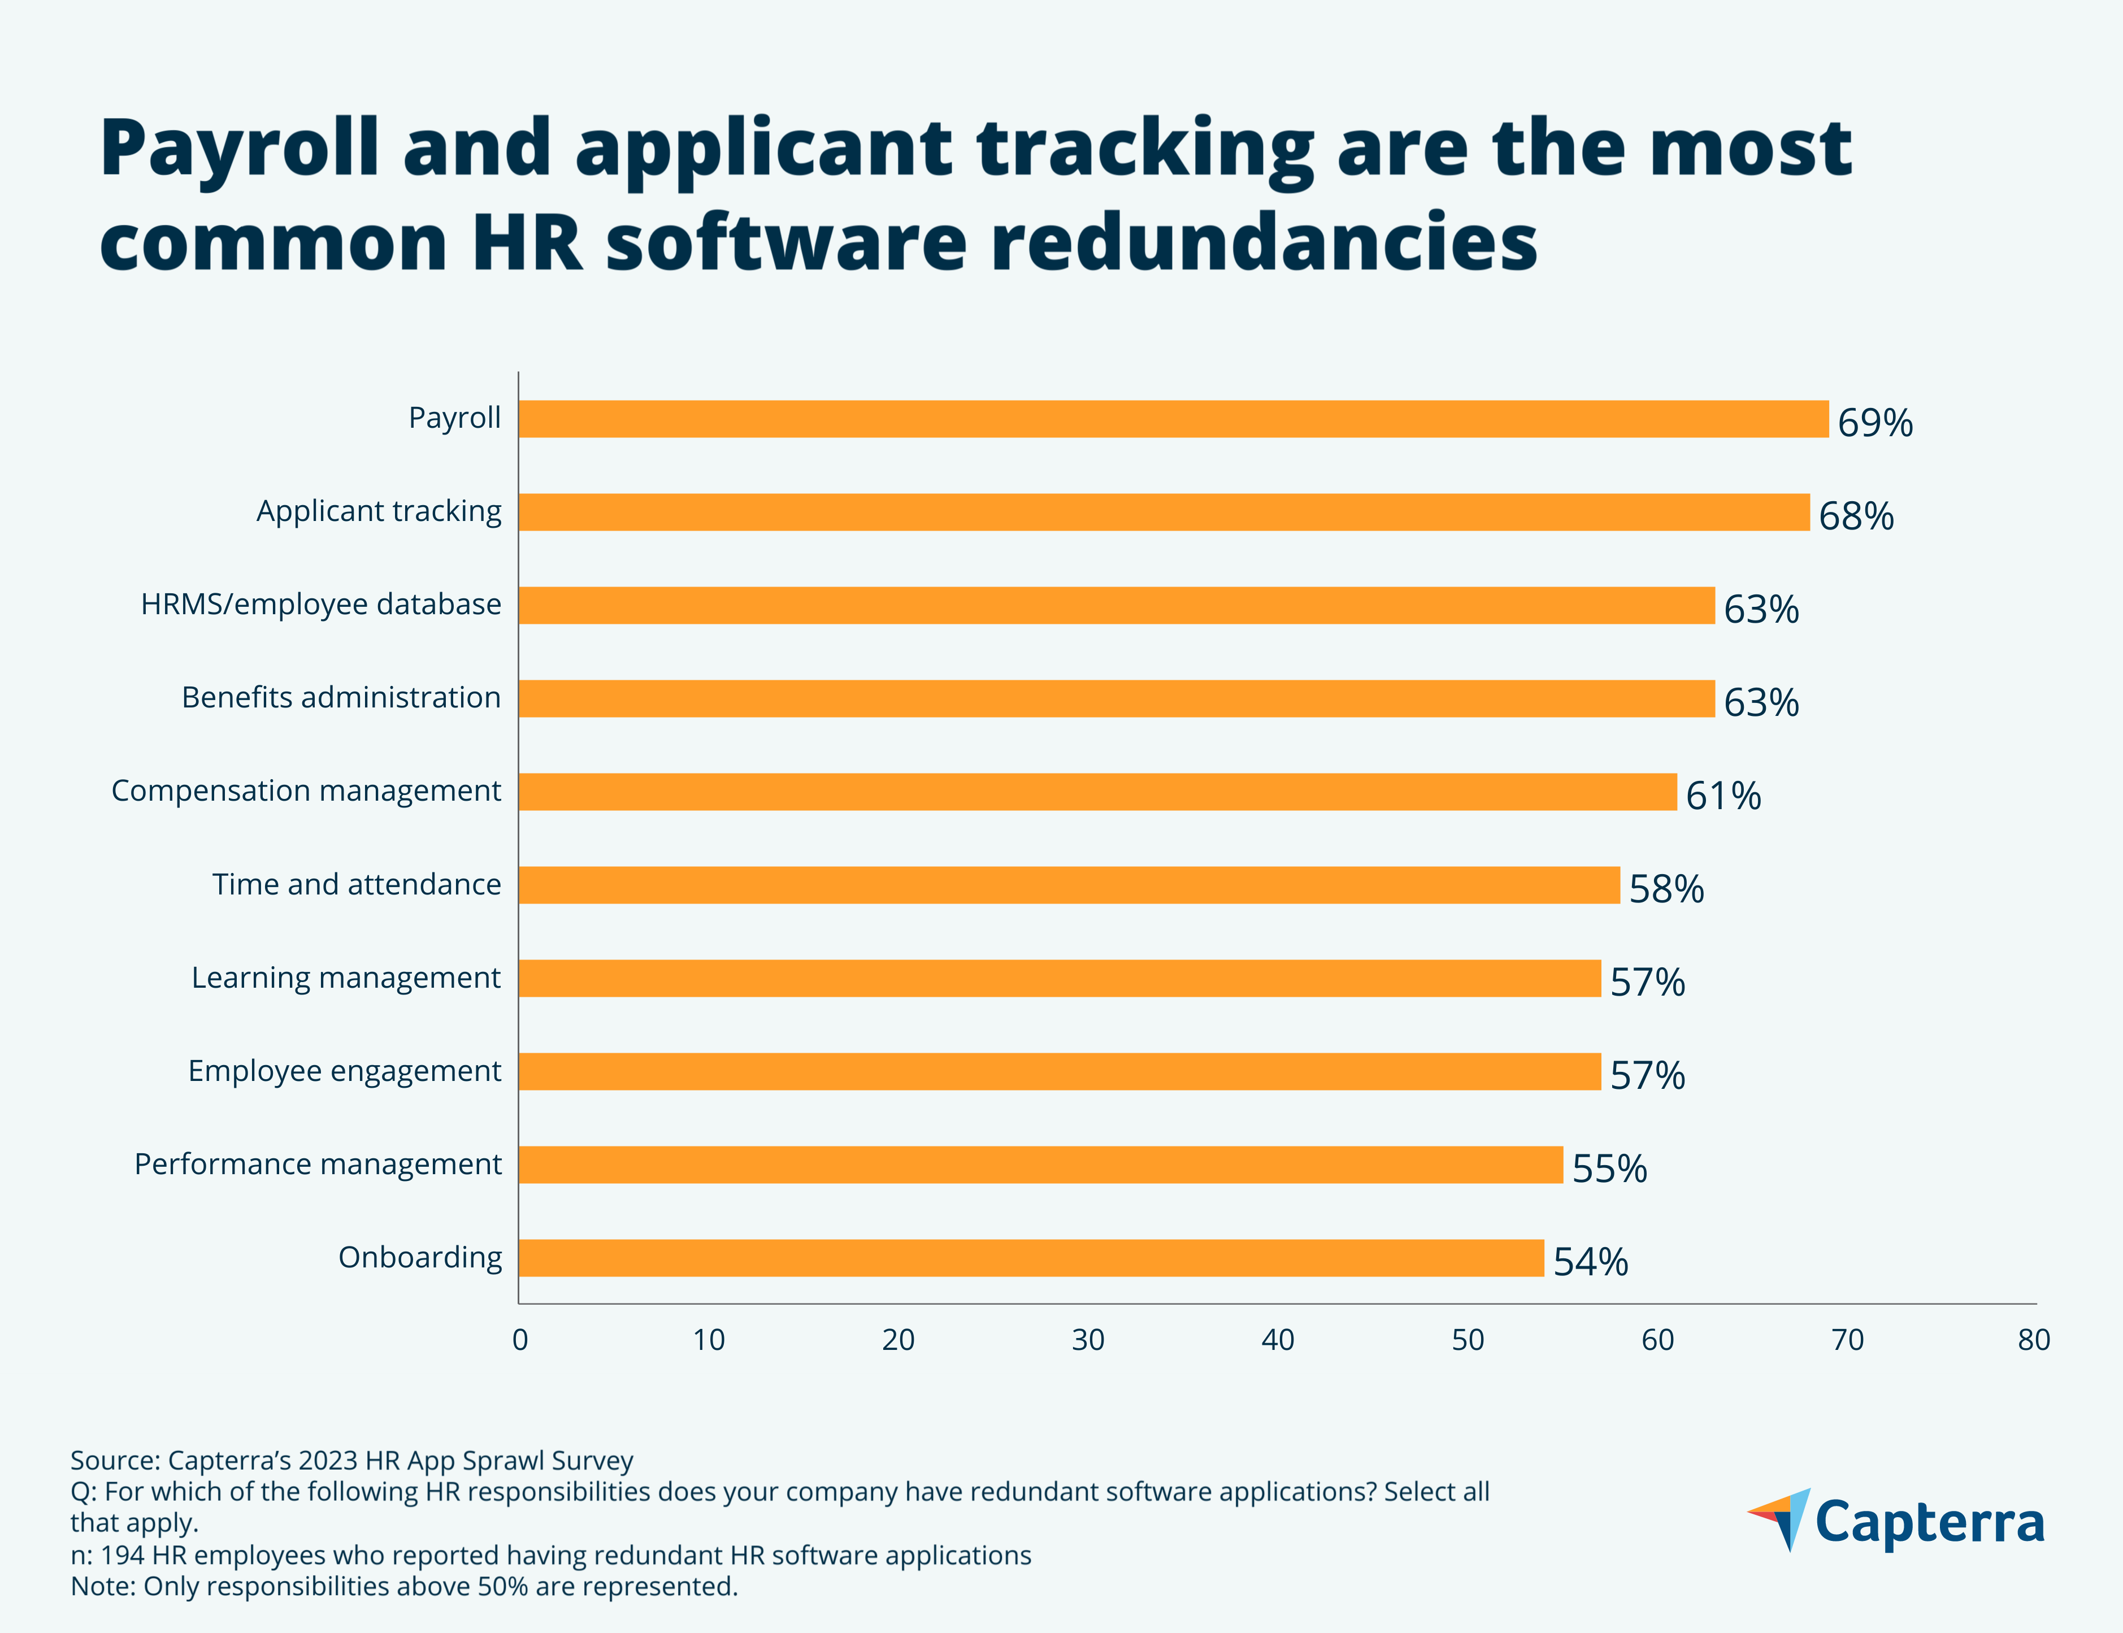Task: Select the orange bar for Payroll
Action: (1173, 419)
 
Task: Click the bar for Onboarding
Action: (1030, 1258)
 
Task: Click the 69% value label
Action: (1874, 423)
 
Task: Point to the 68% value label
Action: (1856, 516)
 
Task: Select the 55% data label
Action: (1609, 1169)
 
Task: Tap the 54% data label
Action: (1590, 1262)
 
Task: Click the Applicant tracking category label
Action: (379, 511)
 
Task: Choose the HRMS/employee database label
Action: (321, 605)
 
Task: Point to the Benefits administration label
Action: (341, 698)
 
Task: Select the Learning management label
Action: (346, 978)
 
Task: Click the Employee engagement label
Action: (344, 1071)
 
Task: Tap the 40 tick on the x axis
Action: (1277, 1340)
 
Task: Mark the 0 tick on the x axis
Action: (520, 1340)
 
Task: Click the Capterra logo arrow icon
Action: (1781, 1518)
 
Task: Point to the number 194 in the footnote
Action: (123, 1555)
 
